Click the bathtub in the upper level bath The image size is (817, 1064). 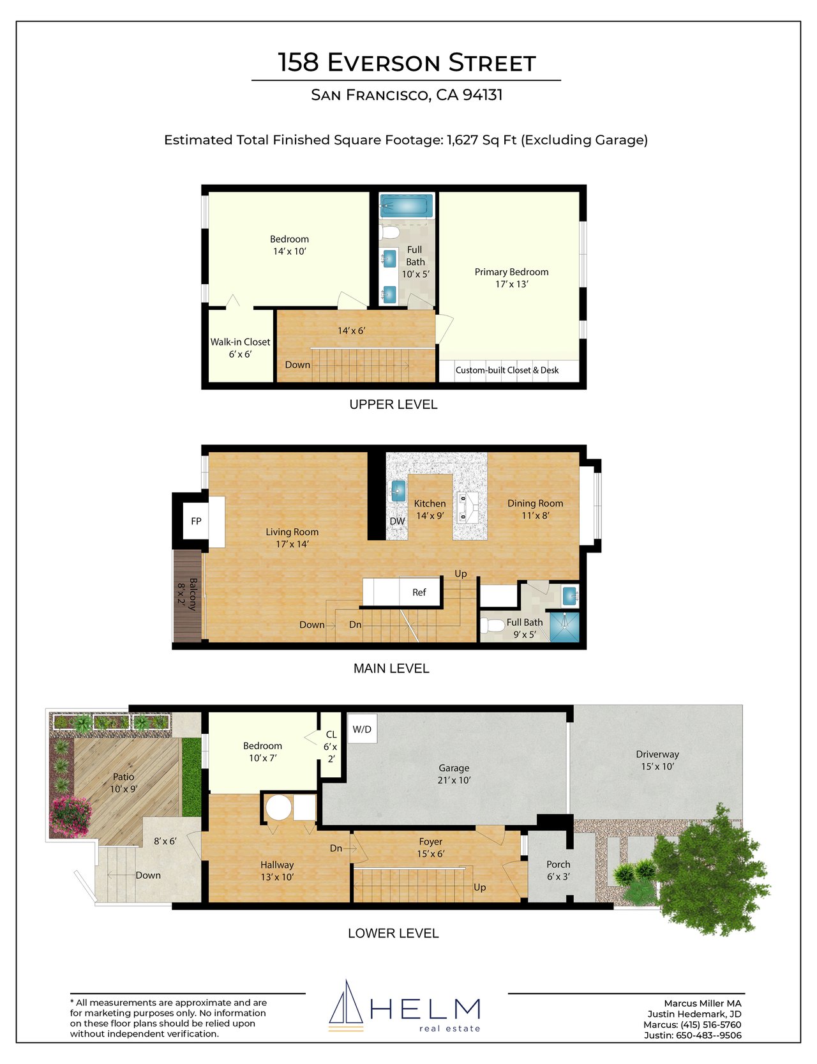(407, 206)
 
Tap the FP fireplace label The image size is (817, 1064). (197, 521)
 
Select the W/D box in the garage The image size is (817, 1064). (362, 729)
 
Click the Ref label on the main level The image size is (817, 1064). (419, 593)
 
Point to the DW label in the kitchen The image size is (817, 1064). (397, 521)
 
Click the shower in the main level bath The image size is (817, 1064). (564, 627)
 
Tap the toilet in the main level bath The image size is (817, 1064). (492, 625)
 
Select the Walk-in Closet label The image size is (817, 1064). (241, 342)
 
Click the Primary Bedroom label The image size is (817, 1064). (511, 272)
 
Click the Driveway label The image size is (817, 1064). (657, 754)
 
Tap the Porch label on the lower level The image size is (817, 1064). (558, 864)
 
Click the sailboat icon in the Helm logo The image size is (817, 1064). (346, 1005)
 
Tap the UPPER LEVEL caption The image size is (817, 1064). (393, 404)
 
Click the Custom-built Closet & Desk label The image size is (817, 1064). (507, 370)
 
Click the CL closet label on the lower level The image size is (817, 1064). (331, 734)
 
